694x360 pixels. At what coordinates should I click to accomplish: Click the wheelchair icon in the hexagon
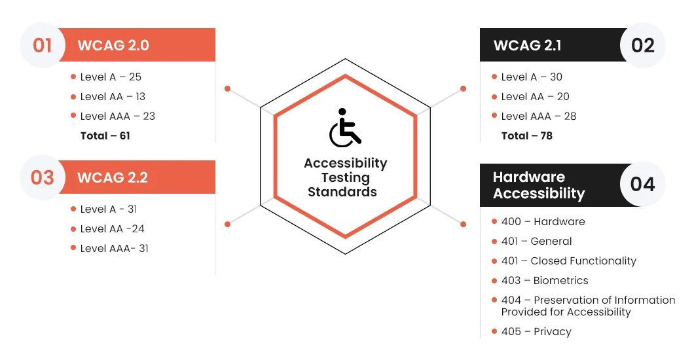[345, 128]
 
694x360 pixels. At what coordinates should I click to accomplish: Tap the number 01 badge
[43, 45]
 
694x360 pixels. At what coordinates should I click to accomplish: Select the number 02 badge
[643, 45]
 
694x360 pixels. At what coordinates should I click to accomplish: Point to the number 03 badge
[43, 177]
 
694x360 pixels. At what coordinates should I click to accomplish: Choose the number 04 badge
[643, 184]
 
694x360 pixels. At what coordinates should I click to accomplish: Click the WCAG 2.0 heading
[113, 45]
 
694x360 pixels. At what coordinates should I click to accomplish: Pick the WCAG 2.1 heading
[527, 45]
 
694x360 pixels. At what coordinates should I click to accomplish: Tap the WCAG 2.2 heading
[113, 177]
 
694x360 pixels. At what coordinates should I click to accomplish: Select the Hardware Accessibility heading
[539, 185]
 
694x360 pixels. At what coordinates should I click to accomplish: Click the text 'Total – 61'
[105, 135]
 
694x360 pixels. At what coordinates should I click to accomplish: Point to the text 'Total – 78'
[526, 135]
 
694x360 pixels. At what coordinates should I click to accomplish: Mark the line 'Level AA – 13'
[113, 96]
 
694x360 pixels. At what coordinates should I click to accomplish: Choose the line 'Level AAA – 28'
[539, 117]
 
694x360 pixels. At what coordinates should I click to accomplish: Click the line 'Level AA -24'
[113, 228]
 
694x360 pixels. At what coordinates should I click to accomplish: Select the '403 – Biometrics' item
[545, 280]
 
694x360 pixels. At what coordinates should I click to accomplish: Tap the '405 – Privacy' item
[536, 332]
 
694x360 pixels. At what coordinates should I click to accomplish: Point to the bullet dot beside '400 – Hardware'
[494, 221]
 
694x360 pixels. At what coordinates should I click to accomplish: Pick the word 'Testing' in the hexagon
[345, 178]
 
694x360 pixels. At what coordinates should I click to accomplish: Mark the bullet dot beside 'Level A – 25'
[73, 77]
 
